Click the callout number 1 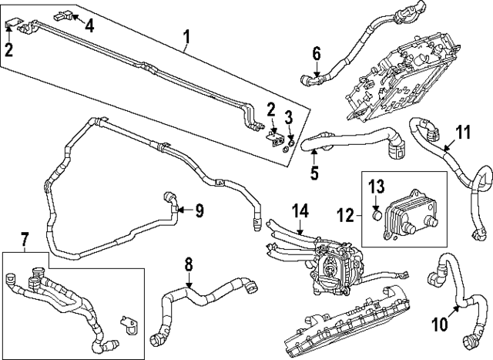(x=185, y=35)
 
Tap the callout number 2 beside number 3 (x=271, y=106)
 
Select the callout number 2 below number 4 (x=8, y=51)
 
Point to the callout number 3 (x=289, y=117)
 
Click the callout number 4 (x=90, y=25)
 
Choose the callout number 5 (x=314, y=173)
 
